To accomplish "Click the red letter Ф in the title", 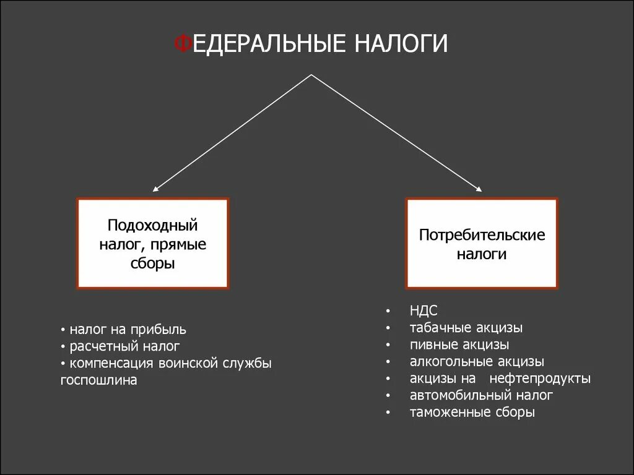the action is [182, 45].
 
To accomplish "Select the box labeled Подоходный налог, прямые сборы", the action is [152, 243].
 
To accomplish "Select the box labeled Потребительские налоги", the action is [482, 243].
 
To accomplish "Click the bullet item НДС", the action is [423, 310].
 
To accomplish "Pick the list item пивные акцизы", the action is [459, 344].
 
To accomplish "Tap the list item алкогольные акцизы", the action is [476, 361].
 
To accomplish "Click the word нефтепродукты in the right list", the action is [539, 378].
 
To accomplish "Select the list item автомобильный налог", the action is [480, 395].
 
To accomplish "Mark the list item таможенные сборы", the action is [472, 412].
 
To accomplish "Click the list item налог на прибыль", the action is [128, 330].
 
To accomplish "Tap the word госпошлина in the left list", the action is [98, 380].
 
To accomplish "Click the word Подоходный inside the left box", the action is [152, 224].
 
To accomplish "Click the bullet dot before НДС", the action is [388, 311].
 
